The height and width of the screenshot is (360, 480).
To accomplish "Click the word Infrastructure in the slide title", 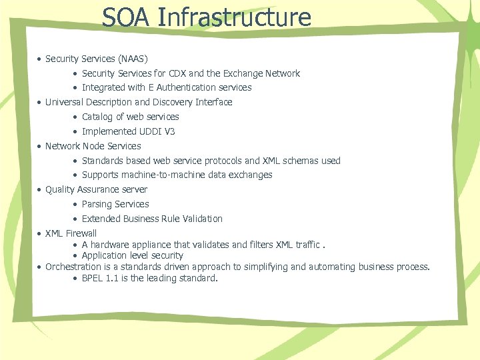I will (235, 17).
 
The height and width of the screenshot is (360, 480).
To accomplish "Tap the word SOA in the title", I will (127, 17).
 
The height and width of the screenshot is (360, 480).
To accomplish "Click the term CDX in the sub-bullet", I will (179, 73).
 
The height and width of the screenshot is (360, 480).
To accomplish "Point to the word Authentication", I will (186, 87).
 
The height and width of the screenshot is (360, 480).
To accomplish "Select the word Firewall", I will (81, 233).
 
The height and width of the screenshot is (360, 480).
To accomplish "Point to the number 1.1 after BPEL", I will (115, 278).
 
